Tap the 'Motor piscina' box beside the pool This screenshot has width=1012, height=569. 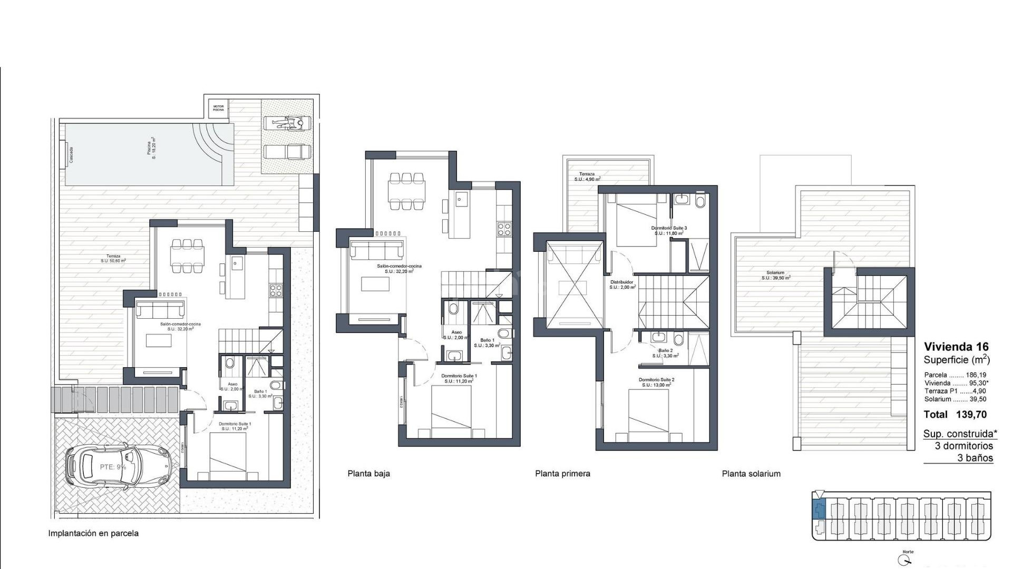[218, 108]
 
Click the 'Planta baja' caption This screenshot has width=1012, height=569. [368, 474]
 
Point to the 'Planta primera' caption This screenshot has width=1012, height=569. [562, 474]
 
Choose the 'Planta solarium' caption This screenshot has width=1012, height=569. [751, 474]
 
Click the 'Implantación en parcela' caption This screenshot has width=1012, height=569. [93, 533]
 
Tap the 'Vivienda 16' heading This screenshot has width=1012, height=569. [956, 347]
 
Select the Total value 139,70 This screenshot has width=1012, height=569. [971, 415]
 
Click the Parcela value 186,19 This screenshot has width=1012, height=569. [976, 375]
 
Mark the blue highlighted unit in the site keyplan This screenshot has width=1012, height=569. [819, 510]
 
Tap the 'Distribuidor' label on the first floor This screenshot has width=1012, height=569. [622, 282]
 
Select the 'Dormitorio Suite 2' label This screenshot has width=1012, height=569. [656, 380]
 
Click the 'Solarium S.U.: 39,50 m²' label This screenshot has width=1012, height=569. [775, 275]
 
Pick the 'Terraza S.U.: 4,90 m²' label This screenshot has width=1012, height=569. [587, 176]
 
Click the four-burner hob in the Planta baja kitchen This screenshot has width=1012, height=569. [504, 229]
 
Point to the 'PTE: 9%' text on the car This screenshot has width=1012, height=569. [113, 467]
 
